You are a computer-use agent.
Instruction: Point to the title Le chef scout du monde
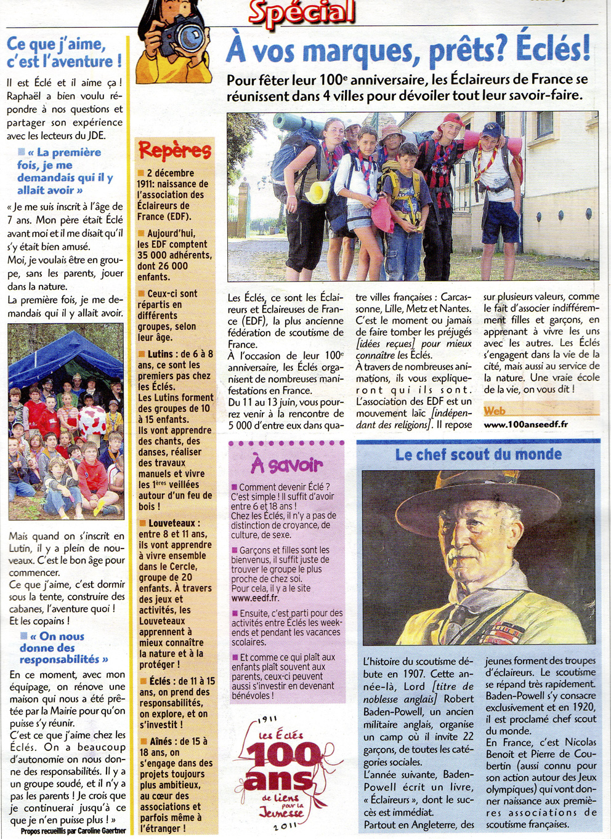pyautogui.click(x=478, y=455)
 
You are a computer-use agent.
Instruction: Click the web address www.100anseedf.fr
pyautogui.click(x=525, y=424)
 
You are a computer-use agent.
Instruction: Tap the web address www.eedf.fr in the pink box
pyautogui.click(x=255, y=598)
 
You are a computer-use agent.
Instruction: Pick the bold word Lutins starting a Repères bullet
pyautogui.click(x=160, y=354)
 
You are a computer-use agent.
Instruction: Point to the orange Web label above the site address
pyautogui.click(x=495, y=411)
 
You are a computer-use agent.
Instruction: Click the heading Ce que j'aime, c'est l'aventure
pyautogui.click(x=64, y=53)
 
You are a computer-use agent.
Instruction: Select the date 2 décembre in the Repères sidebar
pyautogui.click(x=170, y=174)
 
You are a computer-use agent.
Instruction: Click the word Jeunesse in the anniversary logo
pyautogui.click(x=282, y=813)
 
